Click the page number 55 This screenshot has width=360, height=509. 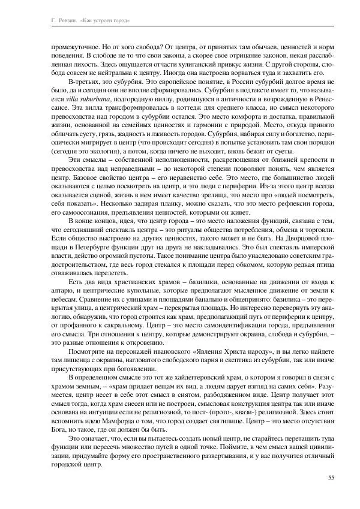[331, 477]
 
